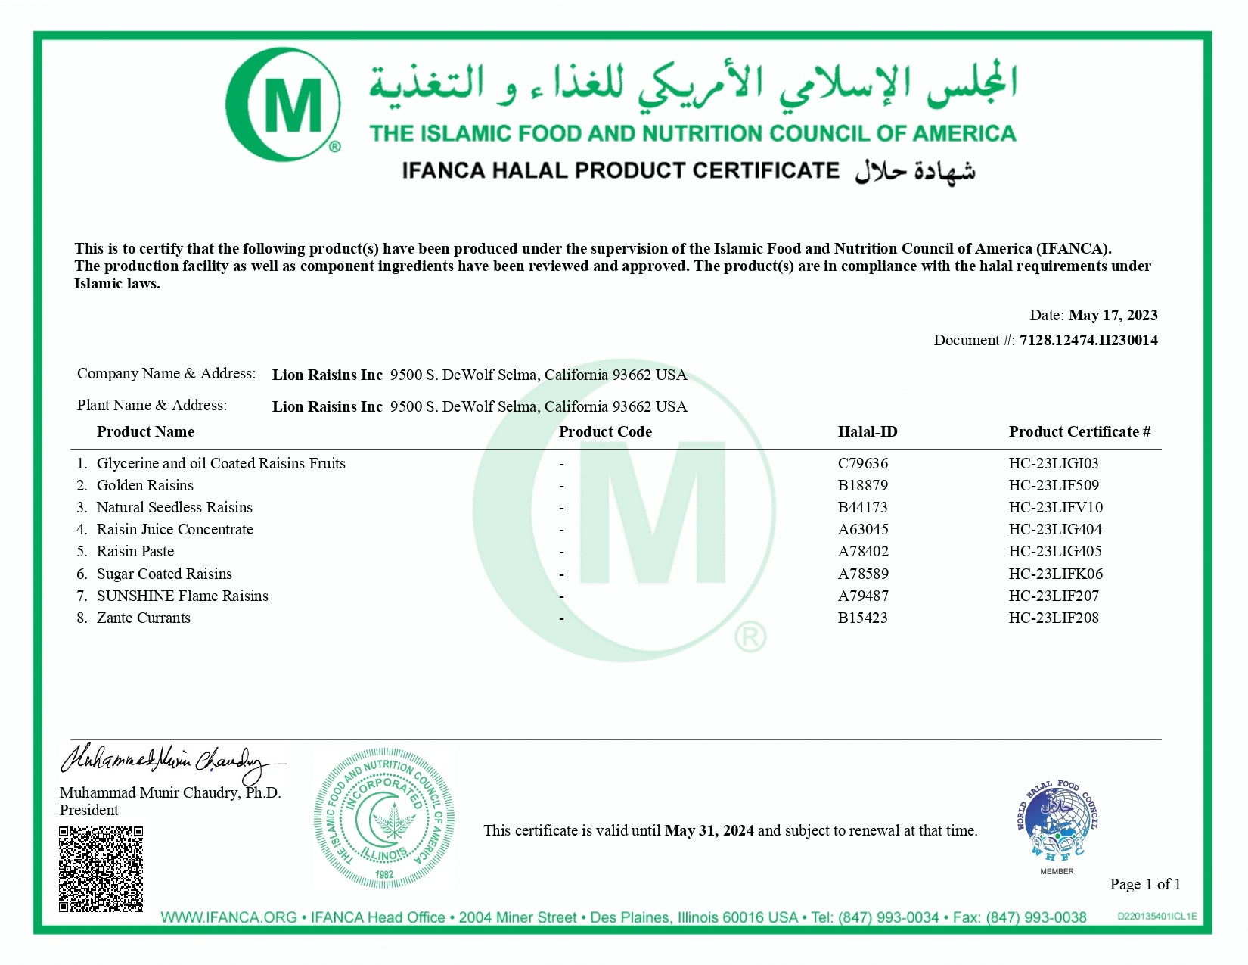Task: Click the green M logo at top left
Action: (284, 104)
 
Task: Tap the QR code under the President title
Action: (101, 869)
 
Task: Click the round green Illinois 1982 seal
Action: (384, 818)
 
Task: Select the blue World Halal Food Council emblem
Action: (1057, 821)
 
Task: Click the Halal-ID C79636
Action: (863, 463)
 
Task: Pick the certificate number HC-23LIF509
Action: (1054, 485)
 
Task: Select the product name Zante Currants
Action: (144, 618)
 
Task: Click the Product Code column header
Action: (605, 431)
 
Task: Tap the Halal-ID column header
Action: (868, 431)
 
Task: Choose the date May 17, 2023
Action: (1113, 315)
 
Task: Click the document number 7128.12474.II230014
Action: (1088, 340)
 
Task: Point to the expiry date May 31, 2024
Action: (709, 830)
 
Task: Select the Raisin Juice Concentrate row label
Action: (175, 529)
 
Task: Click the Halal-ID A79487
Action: (863, 596)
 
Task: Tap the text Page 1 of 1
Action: (1145, 884)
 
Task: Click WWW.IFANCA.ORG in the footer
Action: (228, 917)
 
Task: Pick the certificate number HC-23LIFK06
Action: (1056, 574)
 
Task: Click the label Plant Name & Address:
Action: (152, 405)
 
